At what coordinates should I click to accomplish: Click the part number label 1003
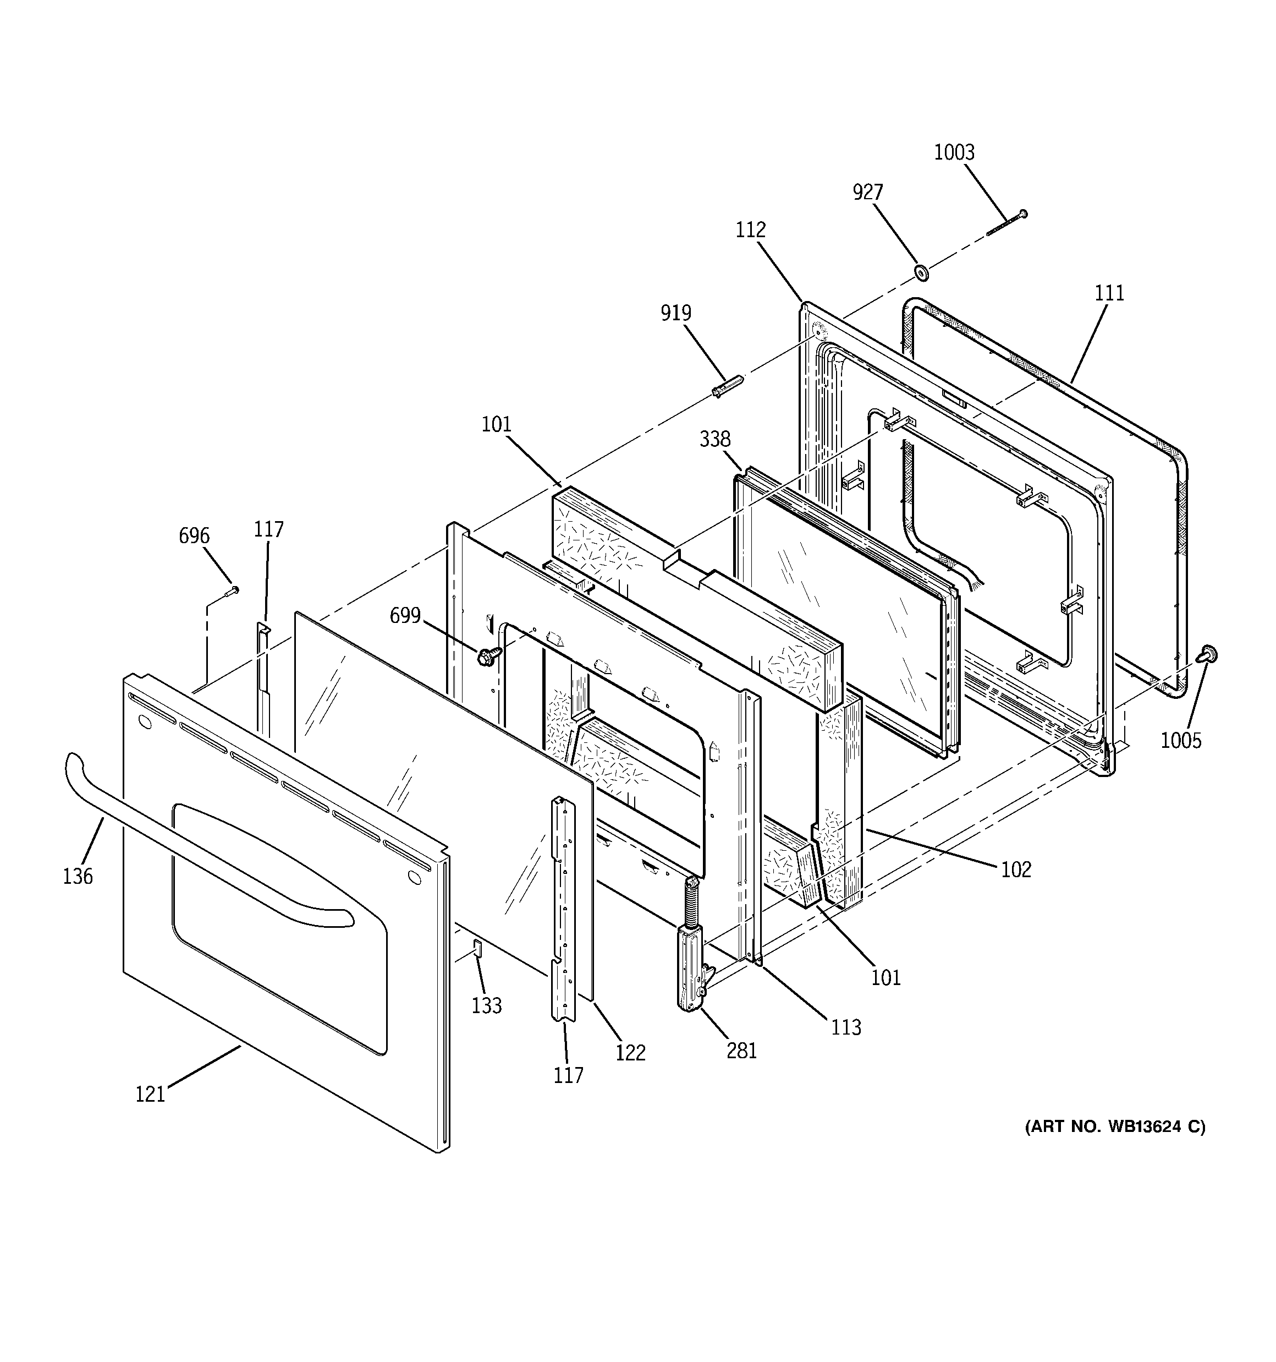pos(954,152)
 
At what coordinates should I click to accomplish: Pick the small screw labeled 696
pos(232,590)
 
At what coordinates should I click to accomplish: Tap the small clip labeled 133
pos(477,948)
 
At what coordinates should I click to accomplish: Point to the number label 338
pos(714,439)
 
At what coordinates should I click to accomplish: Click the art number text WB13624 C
pos(1115,1127)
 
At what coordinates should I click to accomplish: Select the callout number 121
pos(150,1094)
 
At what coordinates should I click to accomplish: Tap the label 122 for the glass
pos(630,1052)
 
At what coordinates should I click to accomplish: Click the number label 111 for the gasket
pos(1109,293)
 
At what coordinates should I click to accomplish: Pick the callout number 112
pos(750,230)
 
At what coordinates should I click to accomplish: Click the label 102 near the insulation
pos(1016,869)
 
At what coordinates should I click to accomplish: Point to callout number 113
pos(846,1027)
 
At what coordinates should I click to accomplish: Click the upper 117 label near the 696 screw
pos(268,529)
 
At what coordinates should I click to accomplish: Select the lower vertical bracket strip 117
pos(564,911)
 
